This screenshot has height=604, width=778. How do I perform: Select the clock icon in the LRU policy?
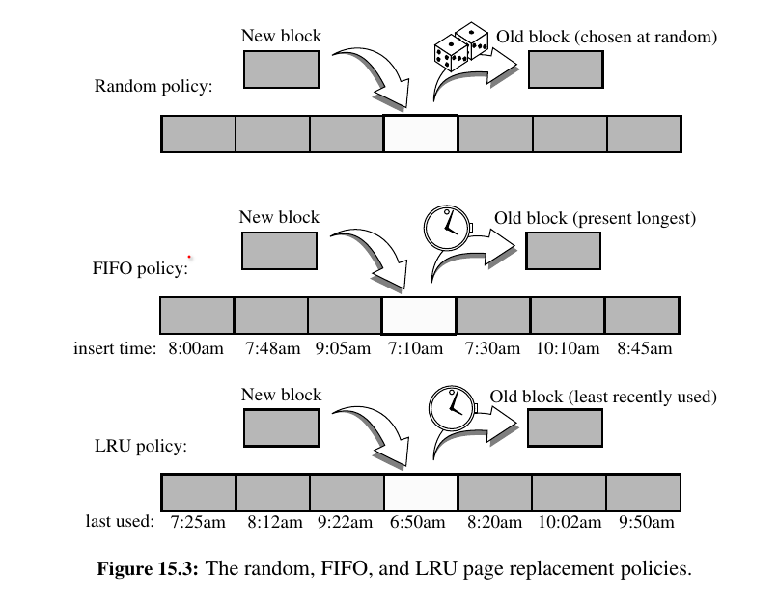click(450, 406)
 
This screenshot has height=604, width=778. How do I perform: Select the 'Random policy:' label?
click(153, 86)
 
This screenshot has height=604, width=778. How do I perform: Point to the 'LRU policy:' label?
click(141, 447)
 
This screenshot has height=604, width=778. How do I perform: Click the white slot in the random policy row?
click(421, 133)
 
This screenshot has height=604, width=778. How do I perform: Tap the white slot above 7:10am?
click(419, 316)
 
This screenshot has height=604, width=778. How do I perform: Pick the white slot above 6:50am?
click(420, 492)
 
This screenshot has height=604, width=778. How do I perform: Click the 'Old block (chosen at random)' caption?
click(607, 38)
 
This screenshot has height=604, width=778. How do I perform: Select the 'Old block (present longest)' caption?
click(595, 218)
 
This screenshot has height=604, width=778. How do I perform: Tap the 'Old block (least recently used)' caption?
click(603, 396)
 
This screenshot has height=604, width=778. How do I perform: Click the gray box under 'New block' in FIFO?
click(279, 250)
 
